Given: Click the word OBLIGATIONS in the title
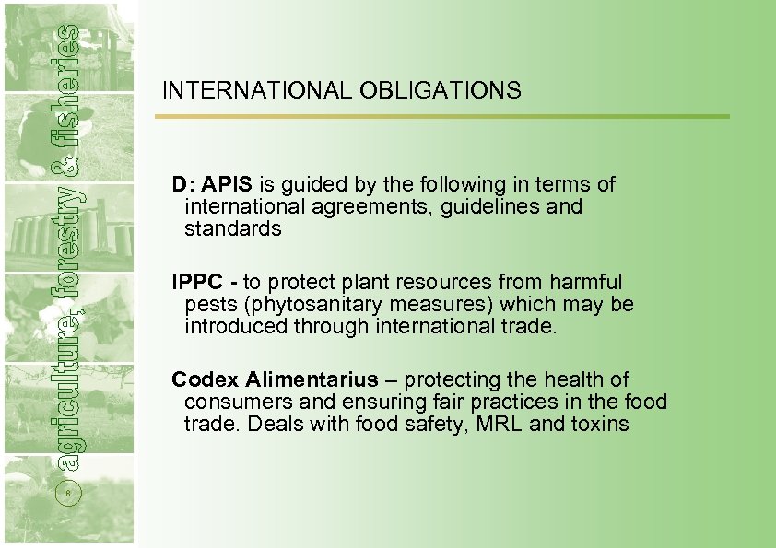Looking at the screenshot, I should [x=440, y=90].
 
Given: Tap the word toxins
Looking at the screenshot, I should [x=597, y=425].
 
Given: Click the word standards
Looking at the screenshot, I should [x=232, y=229].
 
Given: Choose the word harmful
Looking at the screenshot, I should [x=585, y=282].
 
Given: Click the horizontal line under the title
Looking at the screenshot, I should [x=441, y=117].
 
